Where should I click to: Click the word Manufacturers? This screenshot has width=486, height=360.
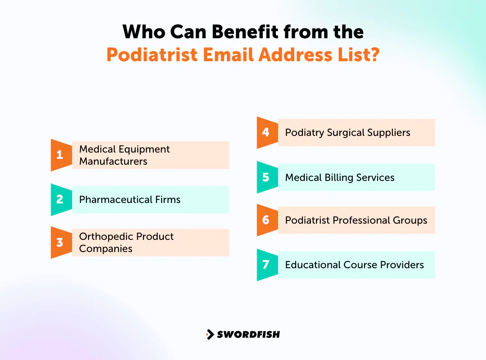pyautogui.click(x=113, y=162)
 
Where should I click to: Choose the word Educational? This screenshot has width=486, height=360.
pyautogui.click(x=313, y=265)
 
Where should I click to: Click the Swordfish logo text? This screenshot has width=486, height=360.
pyautogui.click(x=248, y=334)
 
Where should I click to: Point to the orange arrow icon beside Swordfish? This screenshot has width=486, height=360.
pyautogui.click(x=210, y=334)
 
